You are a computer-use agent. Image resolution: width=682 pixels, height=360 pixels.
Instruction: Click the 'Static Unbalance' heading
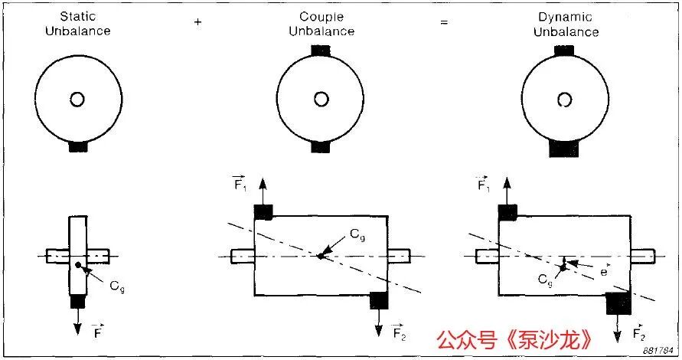click(78, 24)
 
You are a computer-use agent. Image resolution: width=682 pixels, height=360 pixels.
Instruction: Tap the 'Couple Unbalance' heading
click(321, 24)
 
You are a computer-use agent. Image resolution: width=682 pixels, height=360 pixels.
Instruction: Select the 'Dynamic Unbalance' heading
click(566, 25)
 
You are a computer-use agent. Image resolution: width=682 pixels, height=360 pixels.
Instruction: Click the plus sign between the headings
click(198, 21)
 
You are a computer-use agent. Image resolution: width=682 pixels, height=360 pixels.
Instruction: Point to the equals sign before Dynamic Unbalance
click(444, 21)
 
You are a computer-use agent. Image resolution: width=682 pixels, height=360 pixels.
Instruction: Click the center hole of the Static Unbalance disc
click(77, 100)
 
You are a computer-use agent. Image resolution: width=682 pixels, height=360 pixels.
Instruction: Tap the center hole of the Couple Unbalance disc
click(321, 100)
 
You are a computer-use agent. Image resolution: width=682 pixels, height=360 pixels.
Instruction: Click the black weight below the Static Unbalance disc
click(78, 147)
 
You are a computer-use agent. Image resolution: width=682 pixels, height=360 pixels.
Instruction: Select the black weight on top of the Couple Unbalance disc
click(321, 51)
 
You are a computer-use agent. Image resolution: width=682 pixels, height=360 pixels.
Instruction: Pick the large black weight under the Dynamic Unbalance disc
click(564, 149)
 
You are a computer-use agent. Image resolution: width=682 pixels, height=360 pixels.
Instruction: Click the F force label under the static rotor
click(98, 332)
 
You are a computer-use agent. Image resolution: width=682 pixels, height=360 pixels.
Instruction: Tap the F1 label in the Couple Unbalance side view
click(240, 183)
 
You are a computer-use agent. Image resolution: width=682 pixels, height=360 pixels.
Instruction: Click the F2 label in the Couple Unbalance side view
click(399, 332)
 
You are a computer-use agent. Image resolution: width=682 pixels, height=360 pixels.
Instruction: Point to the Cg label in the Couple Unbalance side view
click(357, 235)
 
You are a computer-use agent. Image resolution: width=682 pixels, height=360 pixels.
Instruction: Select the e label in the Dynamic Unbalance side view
click(604, 271)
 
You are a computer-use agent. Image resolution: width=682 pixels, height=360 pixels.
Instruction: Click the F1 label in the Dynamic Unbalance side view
click(483, 184)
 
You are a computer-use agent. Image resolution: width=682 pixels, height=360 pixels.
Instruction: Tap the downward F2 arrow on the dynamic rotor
click(618, 329)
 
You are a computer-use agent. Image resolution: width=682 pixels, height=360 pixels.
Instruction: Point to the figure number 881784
click(658, 350)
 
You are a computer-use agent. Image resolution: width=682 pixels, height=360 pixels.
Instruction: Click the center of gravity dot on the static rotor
click(78, 265)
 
